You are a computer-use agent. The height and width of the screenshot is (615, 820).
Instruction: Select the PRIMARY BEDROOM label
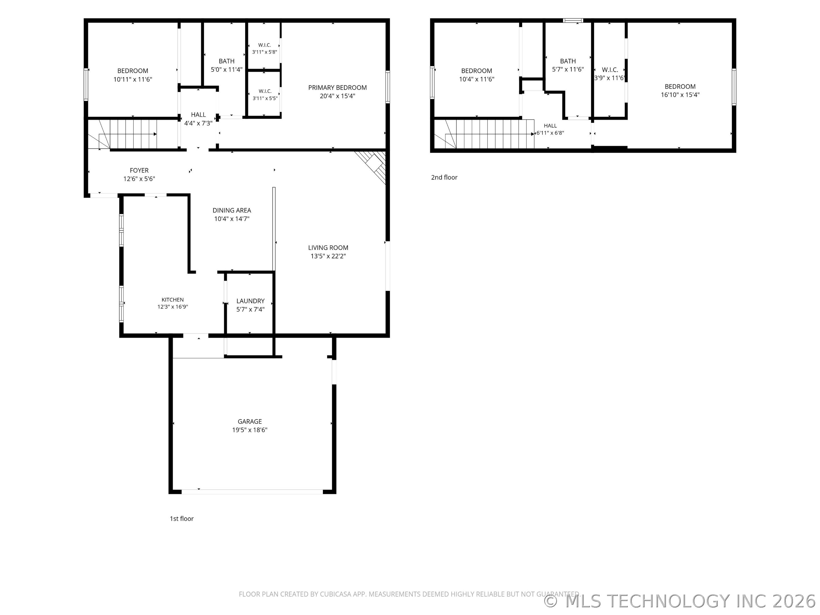pyautogui.click(x=337, y=87)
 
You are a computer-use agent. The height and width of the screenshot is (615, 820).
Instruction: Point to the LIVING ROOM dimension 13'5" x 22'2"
pyautogui.click(x=328, y=256)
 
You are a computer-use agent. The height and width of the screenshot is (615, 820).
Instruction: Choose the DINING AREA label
pyautogui.click(x=232, y=210)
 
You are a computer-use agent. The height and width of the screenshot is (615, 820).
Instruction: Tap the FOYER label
pyautogui.click(x=139, y=171)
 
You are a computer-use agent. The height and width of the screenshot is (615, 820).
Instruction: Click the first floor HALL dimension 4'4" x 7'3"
pyautogui.click(x=198, y=123)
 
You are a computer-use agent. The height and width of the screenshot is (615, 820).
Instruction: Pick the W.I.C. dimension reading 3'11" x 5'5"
pyautogui.click(x=265, y=98)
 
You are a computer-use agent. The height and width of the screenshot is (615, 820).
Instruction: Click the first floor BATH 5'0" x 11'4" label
pyautogui.click(x=227, y=65)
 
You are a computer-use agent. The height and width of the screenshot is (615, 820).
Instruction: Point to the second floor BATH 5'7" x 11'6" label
pyautogui.click(x=568, y=65)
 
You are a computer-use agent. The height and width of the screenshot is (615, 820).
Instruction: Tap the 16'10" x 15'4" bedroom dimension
pyautogui.click(x=680, y=95)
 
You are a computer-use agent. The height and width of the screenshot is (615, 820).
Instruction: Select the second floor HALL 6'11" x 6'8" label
pyautogui.click(x=550, y=129)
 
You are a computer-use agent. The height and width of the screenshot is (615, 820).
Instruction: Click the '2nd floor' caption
pyautogui.click(x=444, y=178)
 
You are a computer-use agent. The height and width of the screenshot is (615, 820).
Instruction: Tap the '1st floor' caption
pyautogui.click(x=182, y=518)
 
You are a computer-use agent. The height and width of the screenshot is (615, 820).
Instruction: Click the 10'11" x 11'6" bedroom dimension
pyautogui.click(x=133, y=79)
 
